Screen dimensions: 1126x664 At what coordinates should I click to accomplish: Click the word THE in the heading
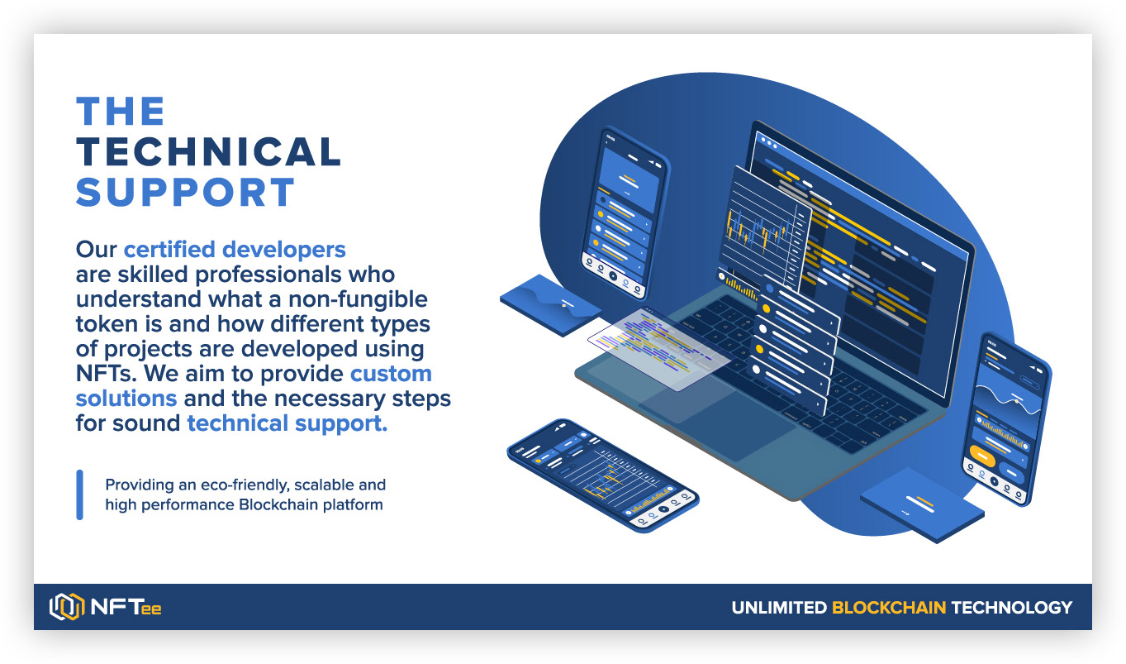121,112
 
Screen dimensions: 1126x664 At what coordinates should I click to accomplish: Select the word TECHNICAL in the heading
208,152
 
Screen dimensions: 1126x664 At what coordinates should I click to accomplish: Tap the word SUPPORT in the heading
185,193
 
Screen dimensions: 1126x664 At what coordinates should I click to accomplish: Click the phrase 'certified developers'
235,249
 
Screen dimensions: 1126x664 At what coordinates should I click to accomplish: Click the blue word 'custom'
391,373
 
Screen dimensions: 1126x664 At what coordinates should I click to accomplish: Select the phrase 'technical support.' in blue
287,423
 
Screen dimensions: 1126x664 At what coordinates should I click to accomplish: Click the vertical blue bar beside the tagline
80,494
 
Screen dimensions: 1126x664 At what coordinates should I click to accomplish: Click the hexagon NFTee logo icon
67,607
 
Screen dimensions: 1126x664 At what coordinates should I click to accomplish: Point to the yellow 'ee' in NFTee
151,609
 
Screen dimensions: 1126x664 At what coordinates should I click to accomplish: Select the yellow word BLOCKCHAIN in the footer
888,608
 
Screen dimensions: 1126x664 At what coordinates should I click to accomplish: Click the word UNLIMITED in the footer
778,608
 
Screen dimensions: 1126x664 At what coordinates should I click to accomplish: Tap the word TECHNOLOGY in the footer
1011,608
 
